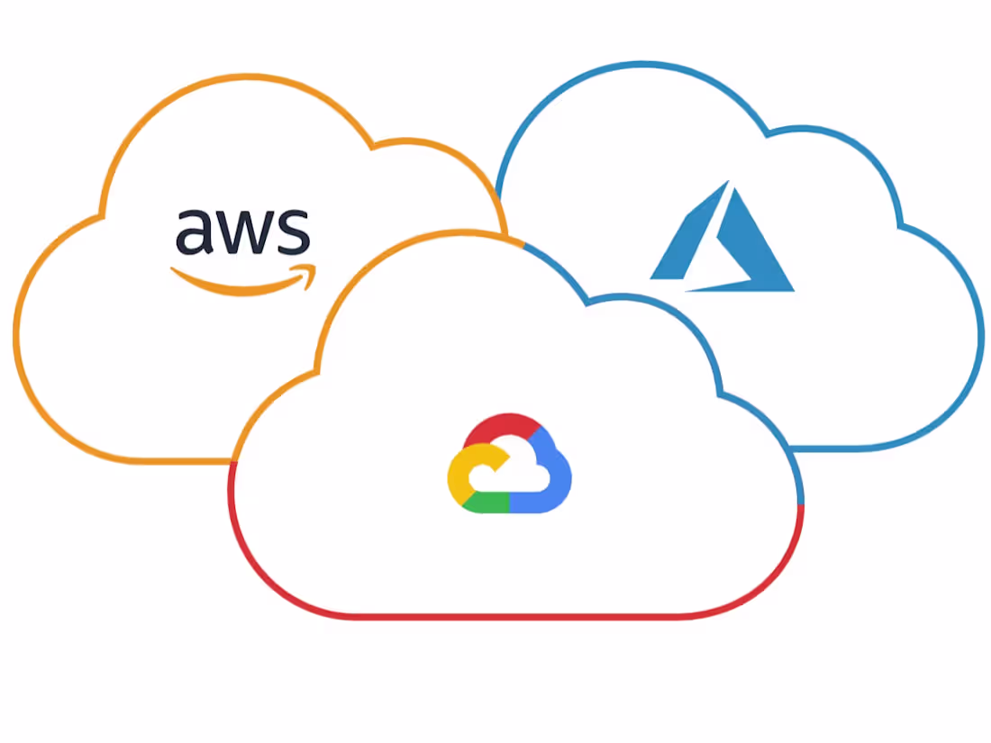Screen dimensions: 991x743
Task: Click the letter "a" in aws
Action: click(x=194, y=231)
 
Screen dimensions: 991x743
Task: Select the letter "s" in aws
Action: click(x=294, y=231)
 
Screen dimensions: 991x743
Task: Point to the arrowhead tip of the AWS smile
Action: click(x=314, y=267)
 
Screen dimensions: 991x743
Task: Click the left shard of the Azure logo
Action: click(x=689, y=234)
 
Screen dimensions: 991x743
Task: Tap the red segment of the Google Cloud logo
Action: click(x=503, y=427)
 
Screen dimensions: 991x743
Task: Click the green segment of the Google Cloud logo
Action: click(x=486, y=503)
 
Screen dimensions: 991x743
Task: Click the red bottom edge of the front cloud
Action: click(x=515, y=616)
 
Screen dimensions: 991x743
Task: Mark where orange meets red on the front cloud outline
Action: click(x=232, y=462)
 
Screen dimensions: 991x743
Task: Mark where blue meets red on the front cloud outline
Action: click(x=801, y=504)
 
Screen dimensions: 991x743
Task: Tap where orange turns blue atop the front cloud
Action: click(x=523, y=244)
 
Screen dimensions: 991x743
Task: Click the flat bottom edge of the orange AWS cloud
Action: click(x=183, y=461)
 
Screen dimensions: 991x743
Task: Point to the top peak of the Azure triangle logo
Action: click(x=729, y=181)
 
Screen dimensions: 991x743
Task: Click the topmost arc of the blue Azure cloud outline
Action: click(x=641, y=64)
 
